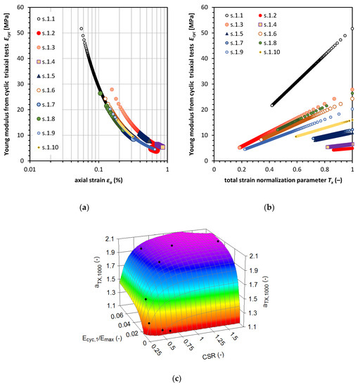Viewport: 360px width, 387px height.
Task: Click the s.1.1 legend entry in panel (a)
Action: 48,16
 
